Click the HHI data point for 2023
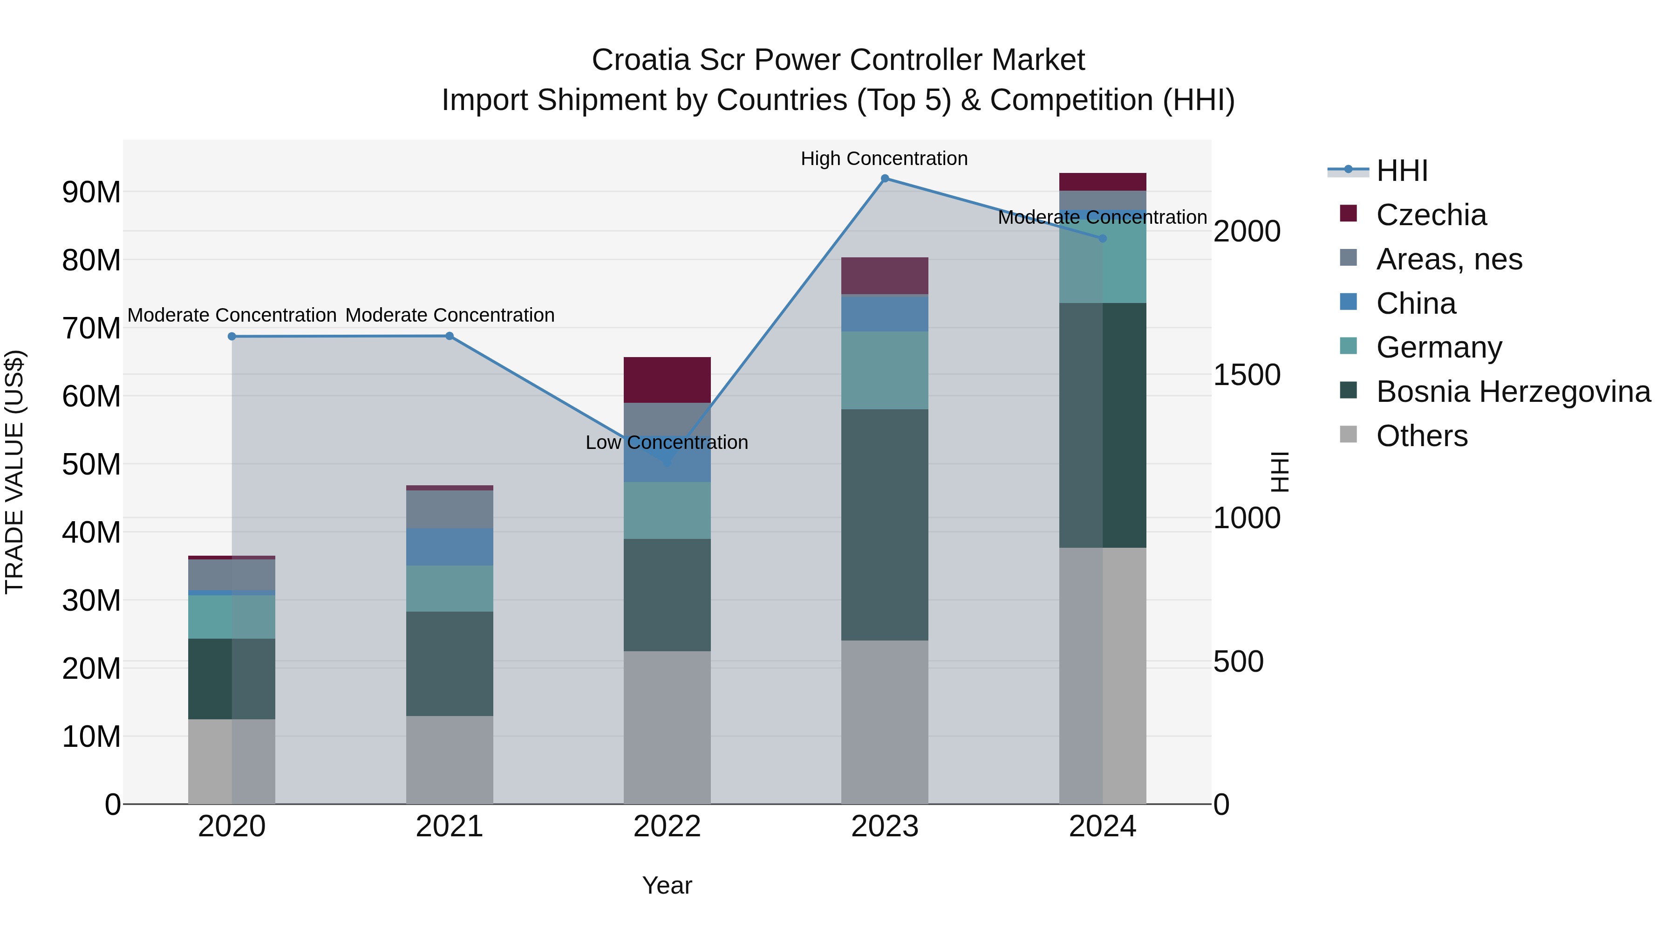pyautogui.click(x=885, y=179)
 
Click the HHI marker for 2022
pyautogui.click(x=667, y=462)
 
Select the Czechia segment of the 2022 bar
pyautogui.click(x=667, y=380)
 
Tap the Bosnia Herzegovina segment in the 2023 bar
pyautogui.click(x=885, y=524)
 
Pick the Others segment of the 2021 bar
pyautogui.click(x=449, y=760)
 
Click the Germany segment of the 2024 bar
pyautogui.click(x=1102, y=261)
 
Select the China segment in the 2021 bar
pyautogui.click(x=449, y=547)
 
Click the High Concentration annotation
pyautogui.click(x=884, y=158)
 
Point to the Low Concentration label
pyautogui.click(x=667, y=442)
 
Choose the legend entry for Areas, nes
pyautogui.click(x=1449, y=259)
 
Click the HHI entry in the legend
pyautogui.click(x=1402, y=171)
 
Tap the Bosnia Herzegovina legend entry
pyautogui.click(x=1513, y=392)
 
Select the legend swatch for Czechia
pyautogui.click(x=1348, y=214)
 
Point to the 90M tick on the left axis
pyautogui.click(x=91, y=192)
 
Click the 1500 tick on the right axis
pyautogui.click(x=1247, y=375)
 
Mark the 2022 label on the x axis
pyautogui.click(x=667, y=827)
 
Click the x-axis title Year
pyautogui.click(x=667, y=885)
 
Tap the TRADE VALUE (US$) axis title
pyautogui.click(x=14, y=472)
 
